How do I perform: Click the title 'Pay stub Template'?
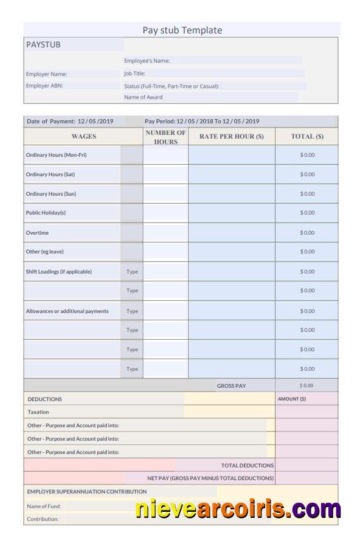click(182, 30)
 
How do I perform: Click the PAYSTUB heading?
click(43, 45)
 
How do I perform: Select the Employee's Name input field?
click(239, 61)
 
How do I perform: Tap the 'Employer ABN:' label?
click(44, 86)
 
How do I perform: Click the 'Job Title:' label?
click(134, 74)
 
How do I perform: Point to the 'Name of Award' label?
click(144, 97)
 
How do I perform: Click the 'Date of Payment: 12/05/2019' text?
click(74, 122)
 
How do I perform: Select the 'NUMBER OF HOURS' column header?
click(165, 137)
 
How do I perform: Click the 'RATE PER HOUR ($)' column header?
click(232, 137)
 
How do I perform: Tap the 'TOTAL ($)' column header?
click(307, 137)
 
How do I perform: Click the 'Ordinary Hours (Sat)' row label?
click(50, 174)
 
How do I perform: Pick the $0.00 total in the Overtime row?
click(307, 233)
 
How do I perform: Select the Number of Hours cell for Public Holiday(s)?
click(165, 213)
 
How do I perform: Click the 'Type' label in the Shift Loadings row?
click(132, 272)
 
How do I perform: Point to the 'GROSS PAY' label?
click(232, 386)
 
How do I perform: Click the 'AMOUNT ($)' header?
click(292, 399)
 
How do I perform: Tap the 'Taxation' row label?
click(38, 412)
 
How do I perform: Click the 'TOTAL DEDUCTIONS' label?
click(247, 466)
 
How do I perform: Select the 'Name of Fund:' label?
click(44, 506)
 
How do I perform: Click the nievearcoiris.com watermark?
click(238, 509)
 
